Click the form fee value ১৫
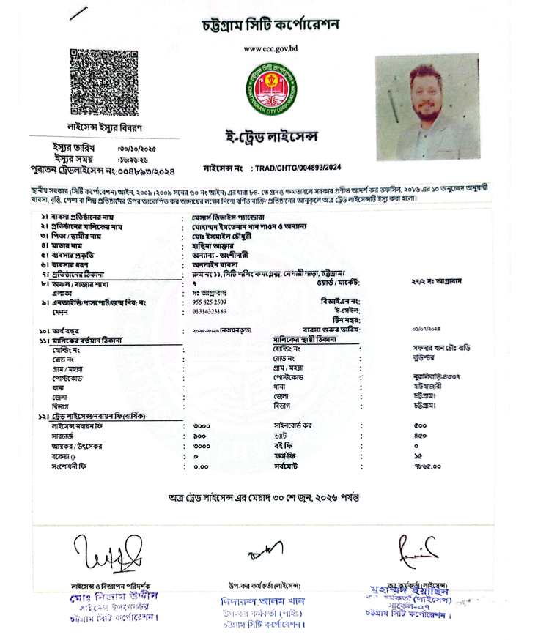417,455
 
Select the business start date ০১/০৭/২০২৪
428,330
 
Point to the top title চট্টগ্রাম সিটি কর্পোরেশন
271,25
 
